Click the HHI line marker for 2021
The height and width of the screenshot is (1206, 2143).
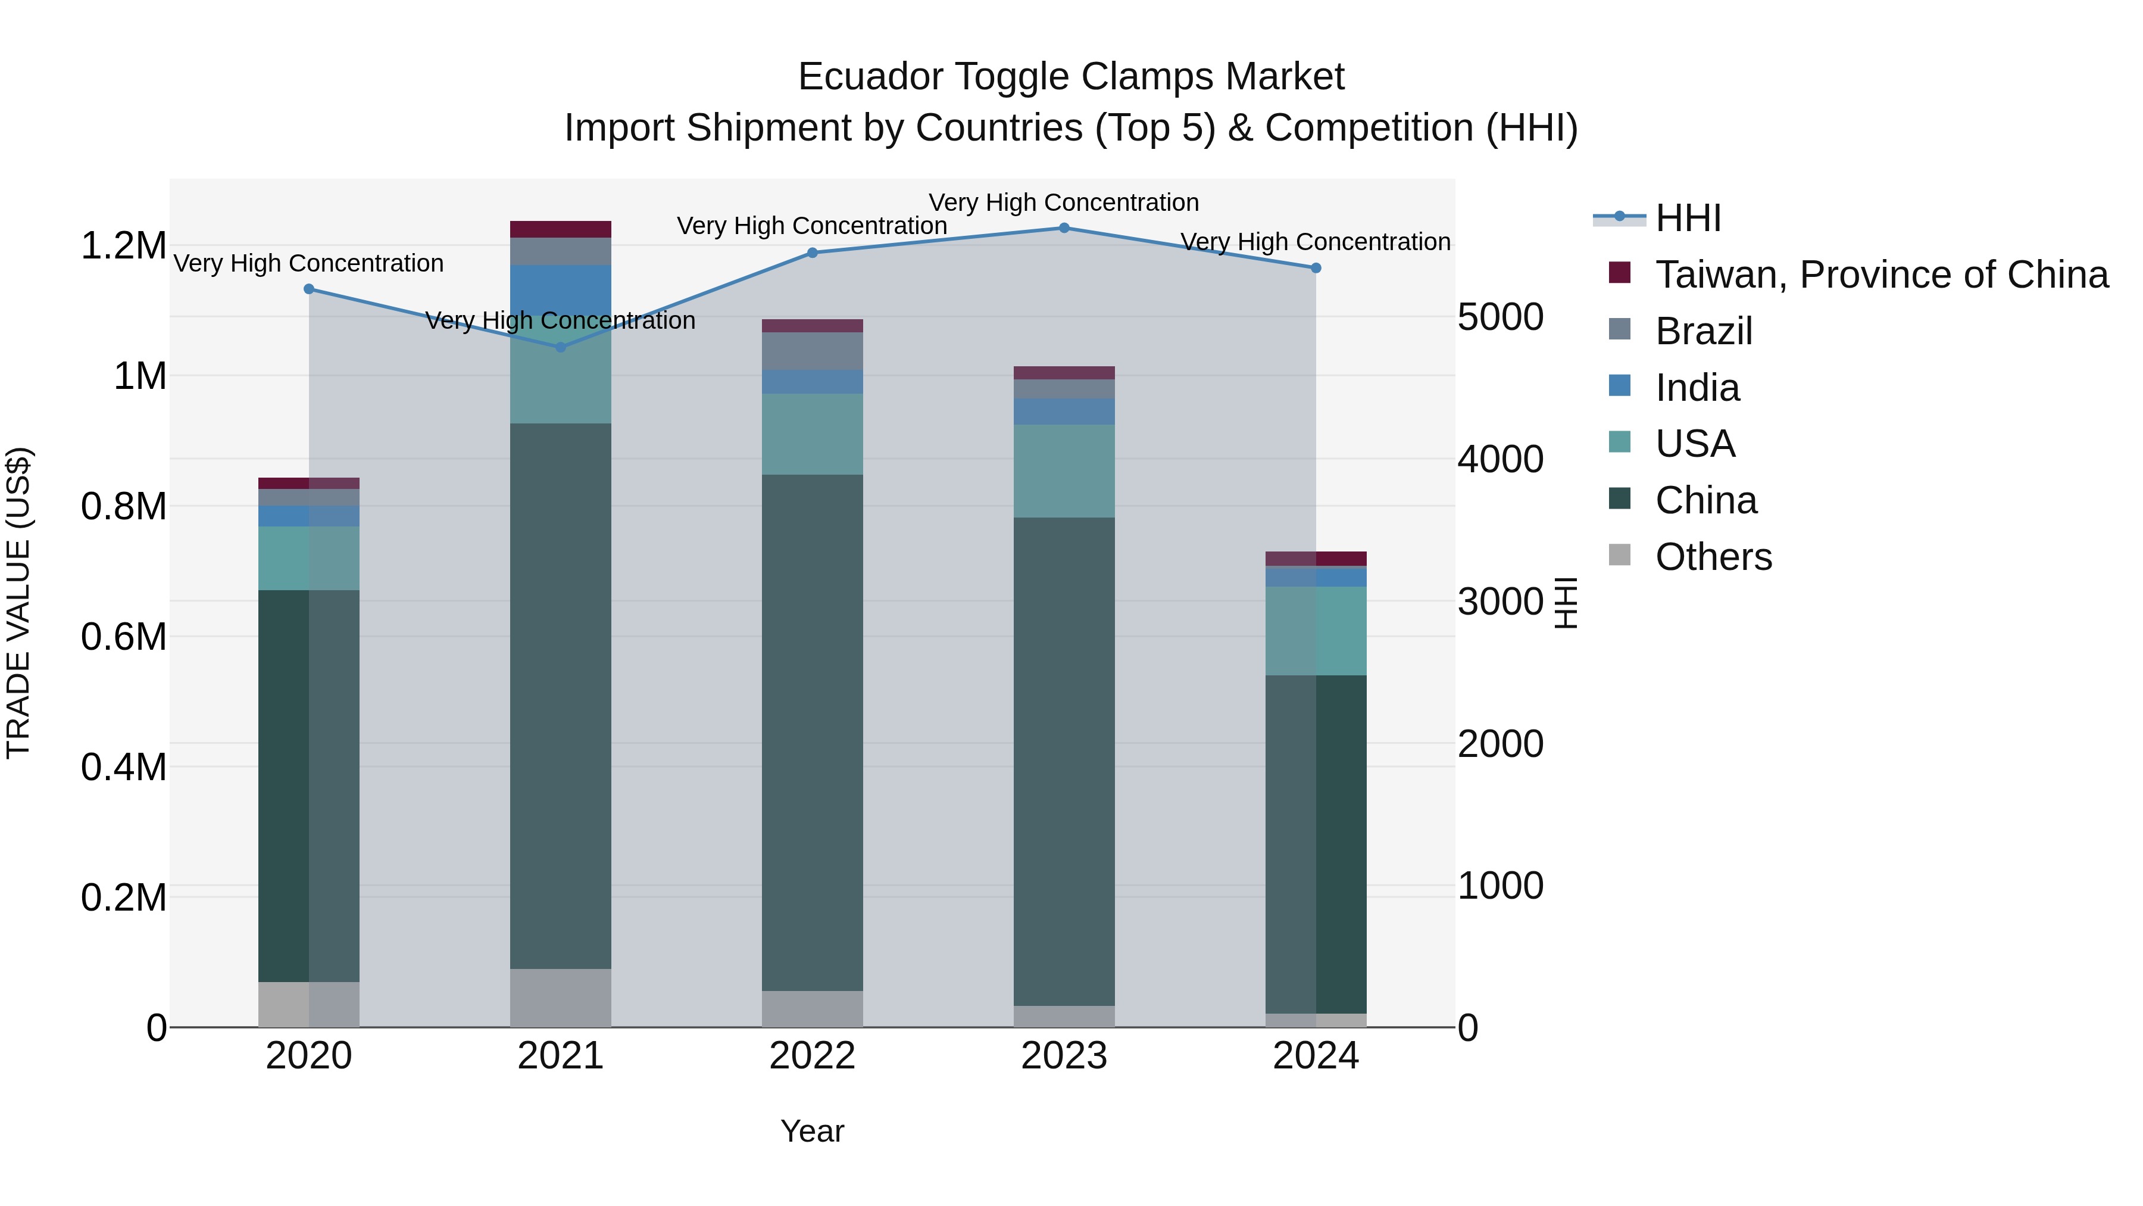point(561,347)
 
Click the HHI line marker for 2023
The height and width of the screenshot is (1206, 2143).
point(1064,228)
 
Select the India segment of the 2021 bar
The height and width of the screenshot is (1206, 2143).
point(561,291)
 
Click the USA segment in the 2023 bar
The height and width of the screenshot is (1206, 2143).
point(1064,471)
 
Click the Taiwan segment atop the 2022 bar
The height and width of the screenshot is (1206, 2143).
point(813,325)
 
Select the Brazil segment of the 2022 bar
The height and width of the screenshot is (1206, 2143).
point(813,351)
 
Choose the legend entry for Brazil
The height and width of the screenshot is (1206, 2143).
point(1704,331)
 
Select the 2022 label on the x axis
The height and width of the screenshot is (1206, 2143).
point(813,1056)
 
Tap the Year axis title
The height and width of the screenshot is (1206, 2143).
point(813,1131)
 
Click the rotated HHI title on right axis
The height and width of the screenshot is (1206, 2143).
point(1565,603)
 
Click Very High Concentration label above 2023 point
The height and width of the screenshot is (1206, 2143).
point(1064,202)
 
